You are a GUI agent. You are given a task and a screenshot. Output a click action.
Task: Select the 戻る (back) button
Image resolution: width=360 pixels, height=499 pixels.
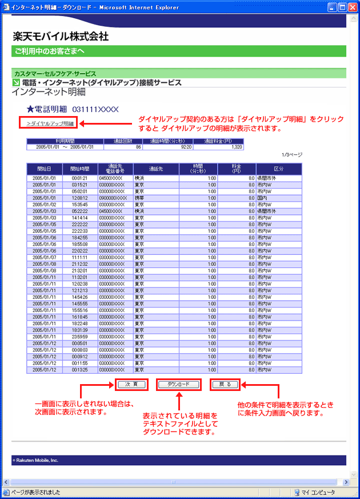(x=225, y=385)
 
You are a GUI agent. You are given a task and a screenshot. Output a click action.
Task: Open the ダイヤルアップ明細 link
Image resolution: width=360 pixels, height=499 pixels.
(x=50, y=123)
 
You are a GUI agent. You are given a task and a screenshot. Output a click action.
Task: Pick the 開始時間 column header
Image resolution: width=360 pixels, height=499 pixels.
(x=80, y=169)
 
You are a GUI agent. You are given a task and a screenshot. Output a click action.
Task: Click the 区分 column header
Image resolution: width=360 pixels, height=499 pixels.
(x=278, y=169)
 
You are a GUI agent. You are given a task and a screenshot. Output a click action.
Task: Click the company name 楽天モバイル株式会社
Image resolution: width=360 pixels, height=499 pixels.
(x=61, y=37)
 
